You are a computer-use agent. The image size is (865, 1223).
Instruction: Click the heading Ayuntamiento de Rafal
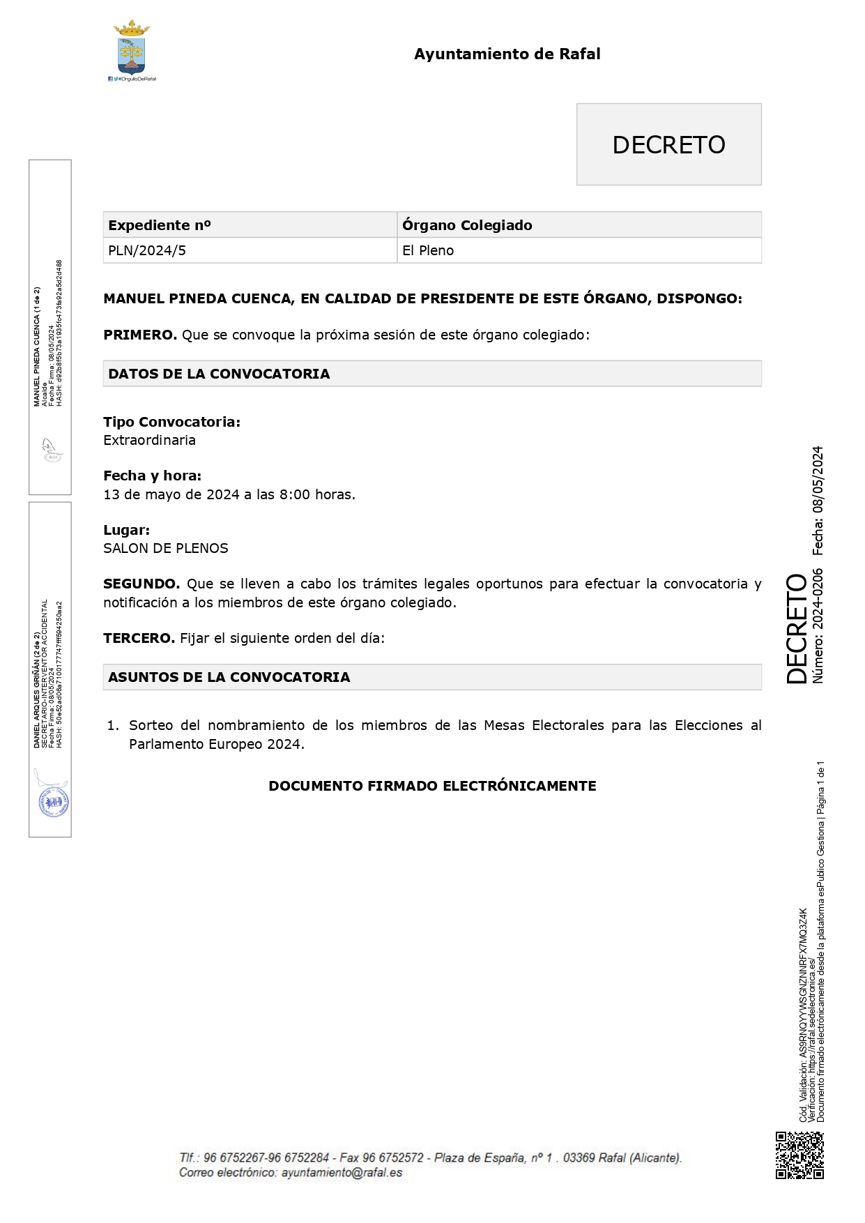point(507,54)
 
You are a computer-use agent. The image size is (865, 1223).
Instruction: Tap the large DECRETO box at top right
point(668,144)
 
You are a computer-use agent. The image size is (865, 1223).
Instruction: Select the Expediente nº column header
point(159,225)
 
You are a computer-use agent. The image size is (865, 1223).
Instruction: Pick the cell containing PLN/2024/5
point(147,251)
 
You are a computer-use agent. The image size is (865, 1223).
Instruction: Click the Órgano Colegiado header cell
point(467,225)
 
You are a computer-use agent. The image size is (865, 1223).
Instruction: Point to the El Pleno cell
point(428,251)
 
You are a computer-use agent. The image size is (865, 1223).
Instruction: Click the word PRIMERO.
point(139,335)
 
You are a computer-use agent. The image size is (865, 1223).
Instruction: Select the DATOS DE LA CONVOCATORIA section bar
point(431,374)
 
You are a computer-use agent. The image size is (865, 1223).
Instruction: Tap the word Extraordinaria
point(149,441)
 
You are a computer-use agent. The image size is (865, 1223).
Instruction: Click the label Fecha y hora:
point(152,476)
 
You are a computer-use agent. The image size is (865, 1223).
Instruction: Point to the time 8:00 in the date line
point(295,495)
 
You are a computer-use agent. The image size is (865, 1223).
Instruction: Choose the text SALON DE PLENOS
point(165,549)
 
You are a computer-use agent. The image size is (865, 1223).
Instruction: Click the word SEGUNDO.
point(141,584)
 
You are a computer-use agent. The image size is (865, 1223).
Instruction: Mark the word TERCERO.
point(139,639)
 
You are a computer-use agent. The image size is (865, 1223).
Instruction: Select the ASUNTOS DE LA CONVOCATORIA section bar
point(431,677)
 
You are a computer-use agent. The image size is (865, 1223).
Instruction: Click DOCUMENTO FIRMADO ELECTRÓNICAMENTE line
point(432,786)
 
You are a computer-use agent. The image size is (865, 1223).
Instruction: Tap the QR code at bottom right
point(799,1155)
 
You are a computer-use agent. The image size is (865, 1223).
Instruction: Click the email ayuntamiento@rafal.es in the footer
point(342,1173)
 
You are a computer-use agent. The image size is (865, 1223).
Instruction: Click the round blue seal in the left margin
point(53,803)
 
